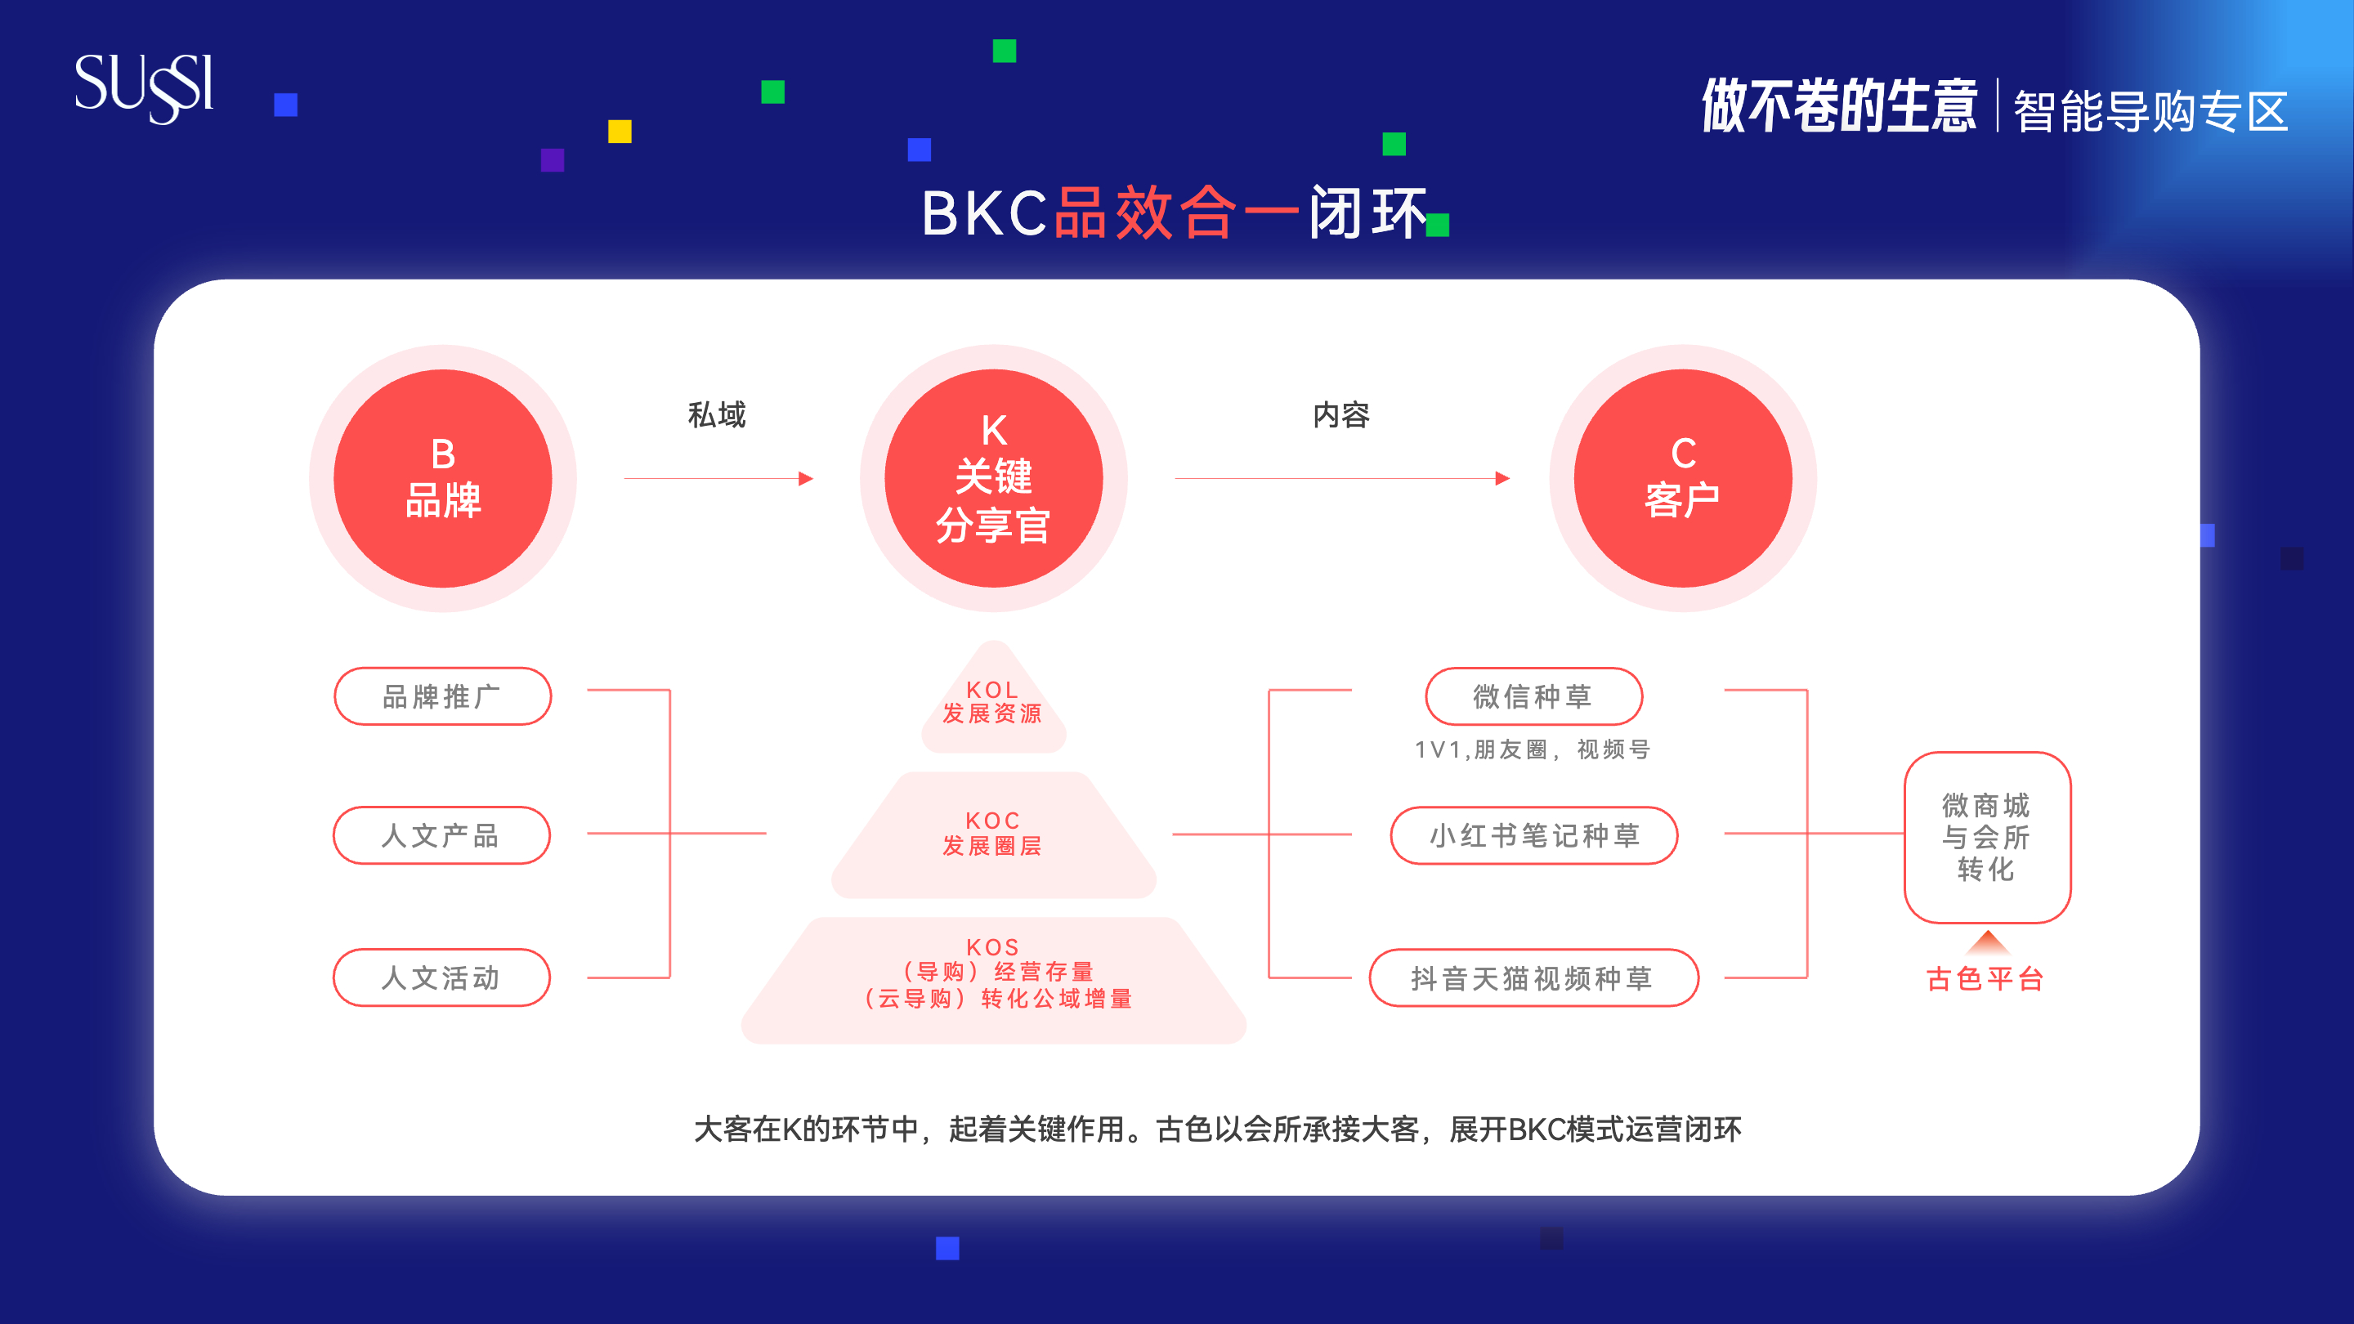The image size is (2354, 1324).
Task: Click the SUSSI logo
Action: point(144,87)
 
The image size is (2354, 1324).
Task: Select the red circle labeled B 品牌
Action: point(442,478)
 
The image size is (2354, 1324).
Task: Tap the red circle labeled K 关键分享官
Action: point(993,478)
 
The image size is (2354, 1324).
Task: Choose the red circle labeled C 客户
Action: point(1682,478)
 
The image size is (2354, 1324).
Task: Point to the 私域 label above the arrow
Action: point(717,415)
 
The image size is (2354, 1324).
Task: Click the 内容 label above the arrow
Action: point(1340,415)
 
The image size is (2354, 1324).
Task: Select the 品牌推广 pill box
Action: point(442,696)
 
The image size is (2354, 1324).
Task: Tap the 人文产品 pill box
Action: point(441,835)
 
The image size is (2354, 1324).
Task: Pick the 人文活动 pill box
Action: point(441,977)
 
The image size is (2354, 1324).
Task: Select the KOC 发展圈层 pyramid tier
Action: point(993,834)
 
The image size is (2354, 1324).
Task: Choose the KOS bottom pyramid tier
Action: point(993,981)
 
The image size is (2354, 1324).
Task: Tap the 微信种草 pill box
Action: point(1533,696)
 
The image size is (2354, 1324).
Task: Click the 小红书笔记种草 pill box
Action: point(1533,835)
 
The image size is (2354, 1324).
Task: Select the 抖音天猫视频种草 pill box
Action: point(1533,977)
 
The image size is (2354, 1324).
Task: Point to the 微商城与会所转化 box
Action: point(1987,837)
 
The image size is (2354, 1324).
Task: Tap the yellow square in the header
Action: point(620,132)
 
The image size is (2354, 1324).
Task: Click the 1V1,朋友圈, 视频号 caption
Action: point(1533,749)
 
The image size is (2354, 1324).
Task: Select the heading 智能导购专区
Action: point(2150,111)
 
